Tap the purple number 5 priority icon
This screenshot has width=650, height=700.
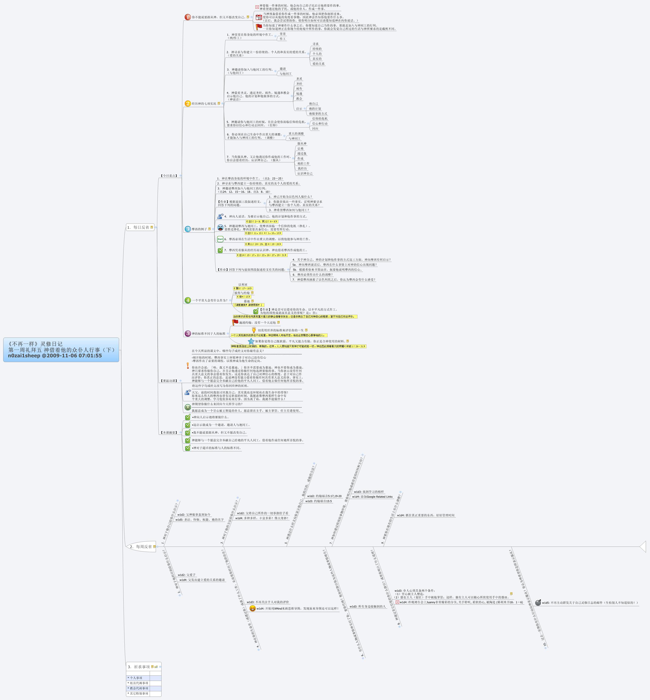[188, 333]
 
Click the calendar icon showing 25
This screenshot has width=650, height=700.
[259, 17]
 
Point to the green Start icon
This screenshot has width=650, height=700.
[220, 239]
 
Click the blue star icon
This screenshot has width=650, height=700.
[251, 341]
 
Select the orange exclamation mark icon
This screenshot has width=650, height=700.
[188, 366]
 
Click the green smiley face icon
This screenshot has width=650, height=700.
[188, 407]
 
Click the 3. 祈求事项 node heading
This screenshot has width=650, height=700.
[139, 667]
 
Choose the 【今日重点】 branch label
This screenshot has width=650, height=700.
[169, 176]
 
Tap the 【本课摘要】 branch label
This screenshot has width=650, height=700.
[169, 432]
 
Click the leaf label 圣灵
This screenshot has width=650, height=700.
[299, 79]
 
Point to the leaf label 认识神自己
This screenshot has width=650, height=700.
[305, 173]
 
